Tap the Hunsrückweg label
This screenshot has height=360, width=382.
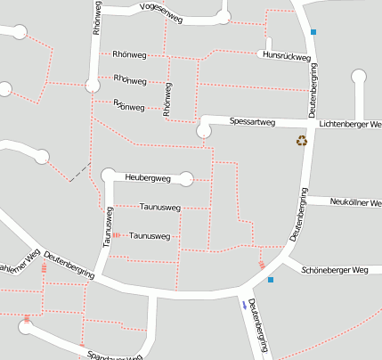point(285,55)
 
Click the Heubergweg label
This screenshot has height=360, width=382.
point(148,178)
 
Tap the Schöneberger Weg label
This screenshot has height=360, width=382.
point(335,269)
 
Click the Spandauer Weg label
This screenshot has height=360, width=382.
point(116,356)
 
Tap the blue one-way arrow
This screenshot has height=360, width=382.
point(244,304)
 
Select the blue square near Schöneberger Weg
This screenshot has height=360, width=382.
point(271,280)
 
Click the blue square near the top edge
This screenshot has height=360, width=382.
point(313,32)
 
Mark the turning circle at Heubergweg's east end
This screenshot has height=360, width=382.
point(186,178)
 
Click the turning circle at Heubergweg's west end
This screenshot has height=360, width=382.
point(110,175)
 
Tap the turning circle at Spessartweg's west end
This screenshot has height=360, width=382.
point(204,131)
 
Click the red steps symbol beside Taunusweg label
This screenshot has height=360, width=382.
point(116,236)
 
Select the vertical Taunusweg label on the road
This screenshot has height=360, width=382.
point(107,227)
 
